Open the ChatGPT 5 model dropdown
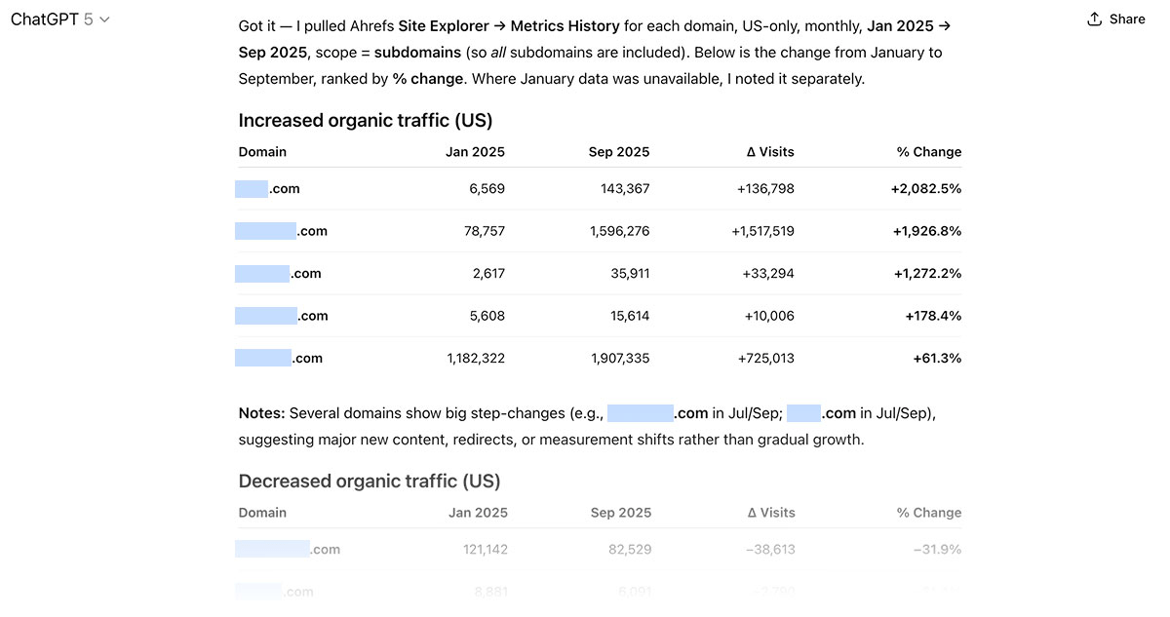59,19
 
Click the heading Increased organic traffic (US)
365,121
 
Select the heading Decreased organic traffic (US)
369,482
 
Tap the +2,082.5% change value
925,189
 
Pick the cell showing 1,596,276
619,231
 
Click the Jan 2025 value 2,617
488,274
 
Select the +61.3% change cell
937,359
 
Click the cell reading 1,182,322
476,359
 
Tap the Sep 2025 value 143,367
625,189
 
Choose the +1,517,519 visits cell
762,231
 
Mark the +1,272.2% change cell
927,274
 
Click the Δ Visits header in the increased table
770,152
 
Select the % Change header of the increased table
929,152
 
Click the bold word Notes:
261,413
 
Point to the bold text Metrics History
557,26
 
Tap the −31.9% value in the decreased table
937,550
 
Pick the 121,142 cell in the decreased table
486,550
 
